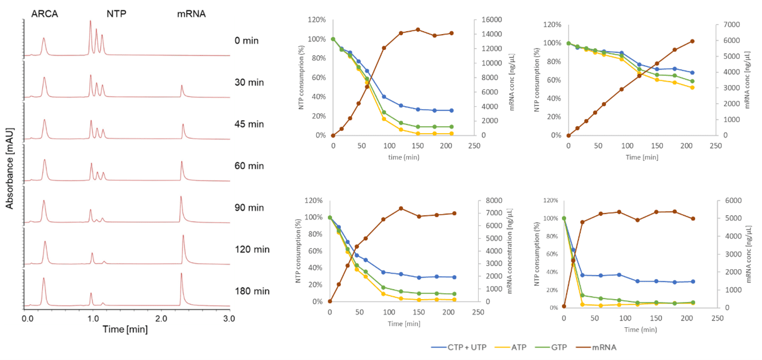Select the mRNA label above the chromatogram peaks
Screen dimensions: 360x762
[x=191, y=12]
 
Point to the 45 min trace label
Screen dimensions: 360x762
[x=249, y=124]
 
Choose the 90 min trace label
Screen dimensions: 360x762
[x=249, y=208]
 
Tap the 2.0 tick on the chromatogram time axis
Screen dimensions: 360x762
[x=161, y=318]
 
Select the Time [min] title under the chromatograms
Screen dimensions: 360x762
[x=125, y=330]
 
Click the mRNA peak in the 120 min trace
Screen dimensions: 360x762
[x=183, y=237]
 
